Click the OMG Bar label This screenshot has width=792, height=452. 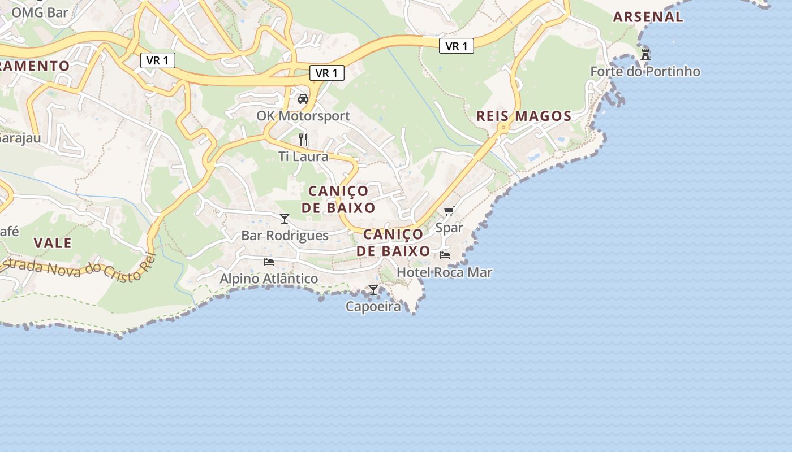[40, 12]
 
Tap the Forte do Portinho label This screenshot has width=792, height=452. [645, 72]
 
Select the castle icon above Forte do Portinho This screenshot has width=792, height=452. [645, 55]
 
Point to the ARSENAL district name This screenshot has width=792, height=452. [648, 17]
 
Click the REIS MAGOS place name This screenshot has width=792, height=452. [524, 116]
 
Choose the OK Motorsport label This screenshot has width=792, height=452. [303, 116]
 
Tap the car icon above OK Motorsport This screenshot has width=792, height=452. [303, 99]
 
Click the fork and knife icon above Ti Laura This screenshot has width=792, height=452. [303, 139]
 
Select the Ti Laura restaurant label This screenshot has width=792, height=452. [303, 157]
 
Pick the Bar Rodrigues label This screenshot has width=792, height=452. [285, 236]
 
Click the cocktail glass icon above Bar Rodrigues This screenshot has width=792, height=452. [285, 219]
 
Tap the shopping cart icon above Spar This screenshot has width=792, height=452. [449, 211]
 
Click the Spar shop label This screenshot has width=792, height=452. [449, 228]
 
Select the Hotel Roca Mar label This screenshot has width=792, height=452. [444, 272]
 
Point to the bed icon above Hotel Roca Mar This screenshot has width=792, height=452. [445, 255]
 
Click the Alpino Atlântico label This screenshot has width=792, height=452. [269, 279]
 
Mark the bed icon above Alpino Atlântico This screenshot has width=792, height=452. [269, 262]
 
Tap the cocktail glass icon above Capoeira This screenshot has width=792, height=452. [373, 290]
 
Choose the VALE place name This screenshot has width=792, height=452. [53, 243]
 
